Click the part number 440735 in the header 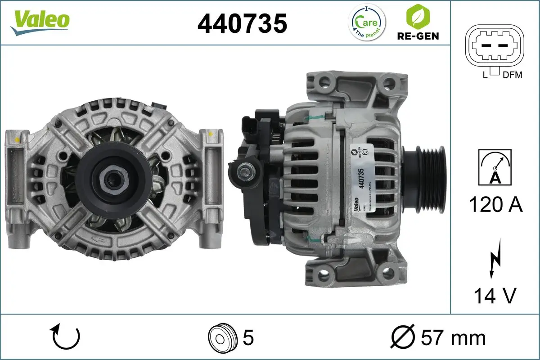coord(243,23)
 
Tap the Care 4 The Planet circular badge coord(367,22)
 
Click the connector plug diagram coord(494,45)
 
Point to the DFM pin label coord(513,75)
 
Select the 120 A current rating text coord(495,205)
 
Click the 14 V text coord(495,296)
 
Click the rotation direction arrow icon coord(66,337)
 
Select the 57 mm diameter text coord(438,337)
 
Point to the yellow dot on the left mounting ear coord(17,139)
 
